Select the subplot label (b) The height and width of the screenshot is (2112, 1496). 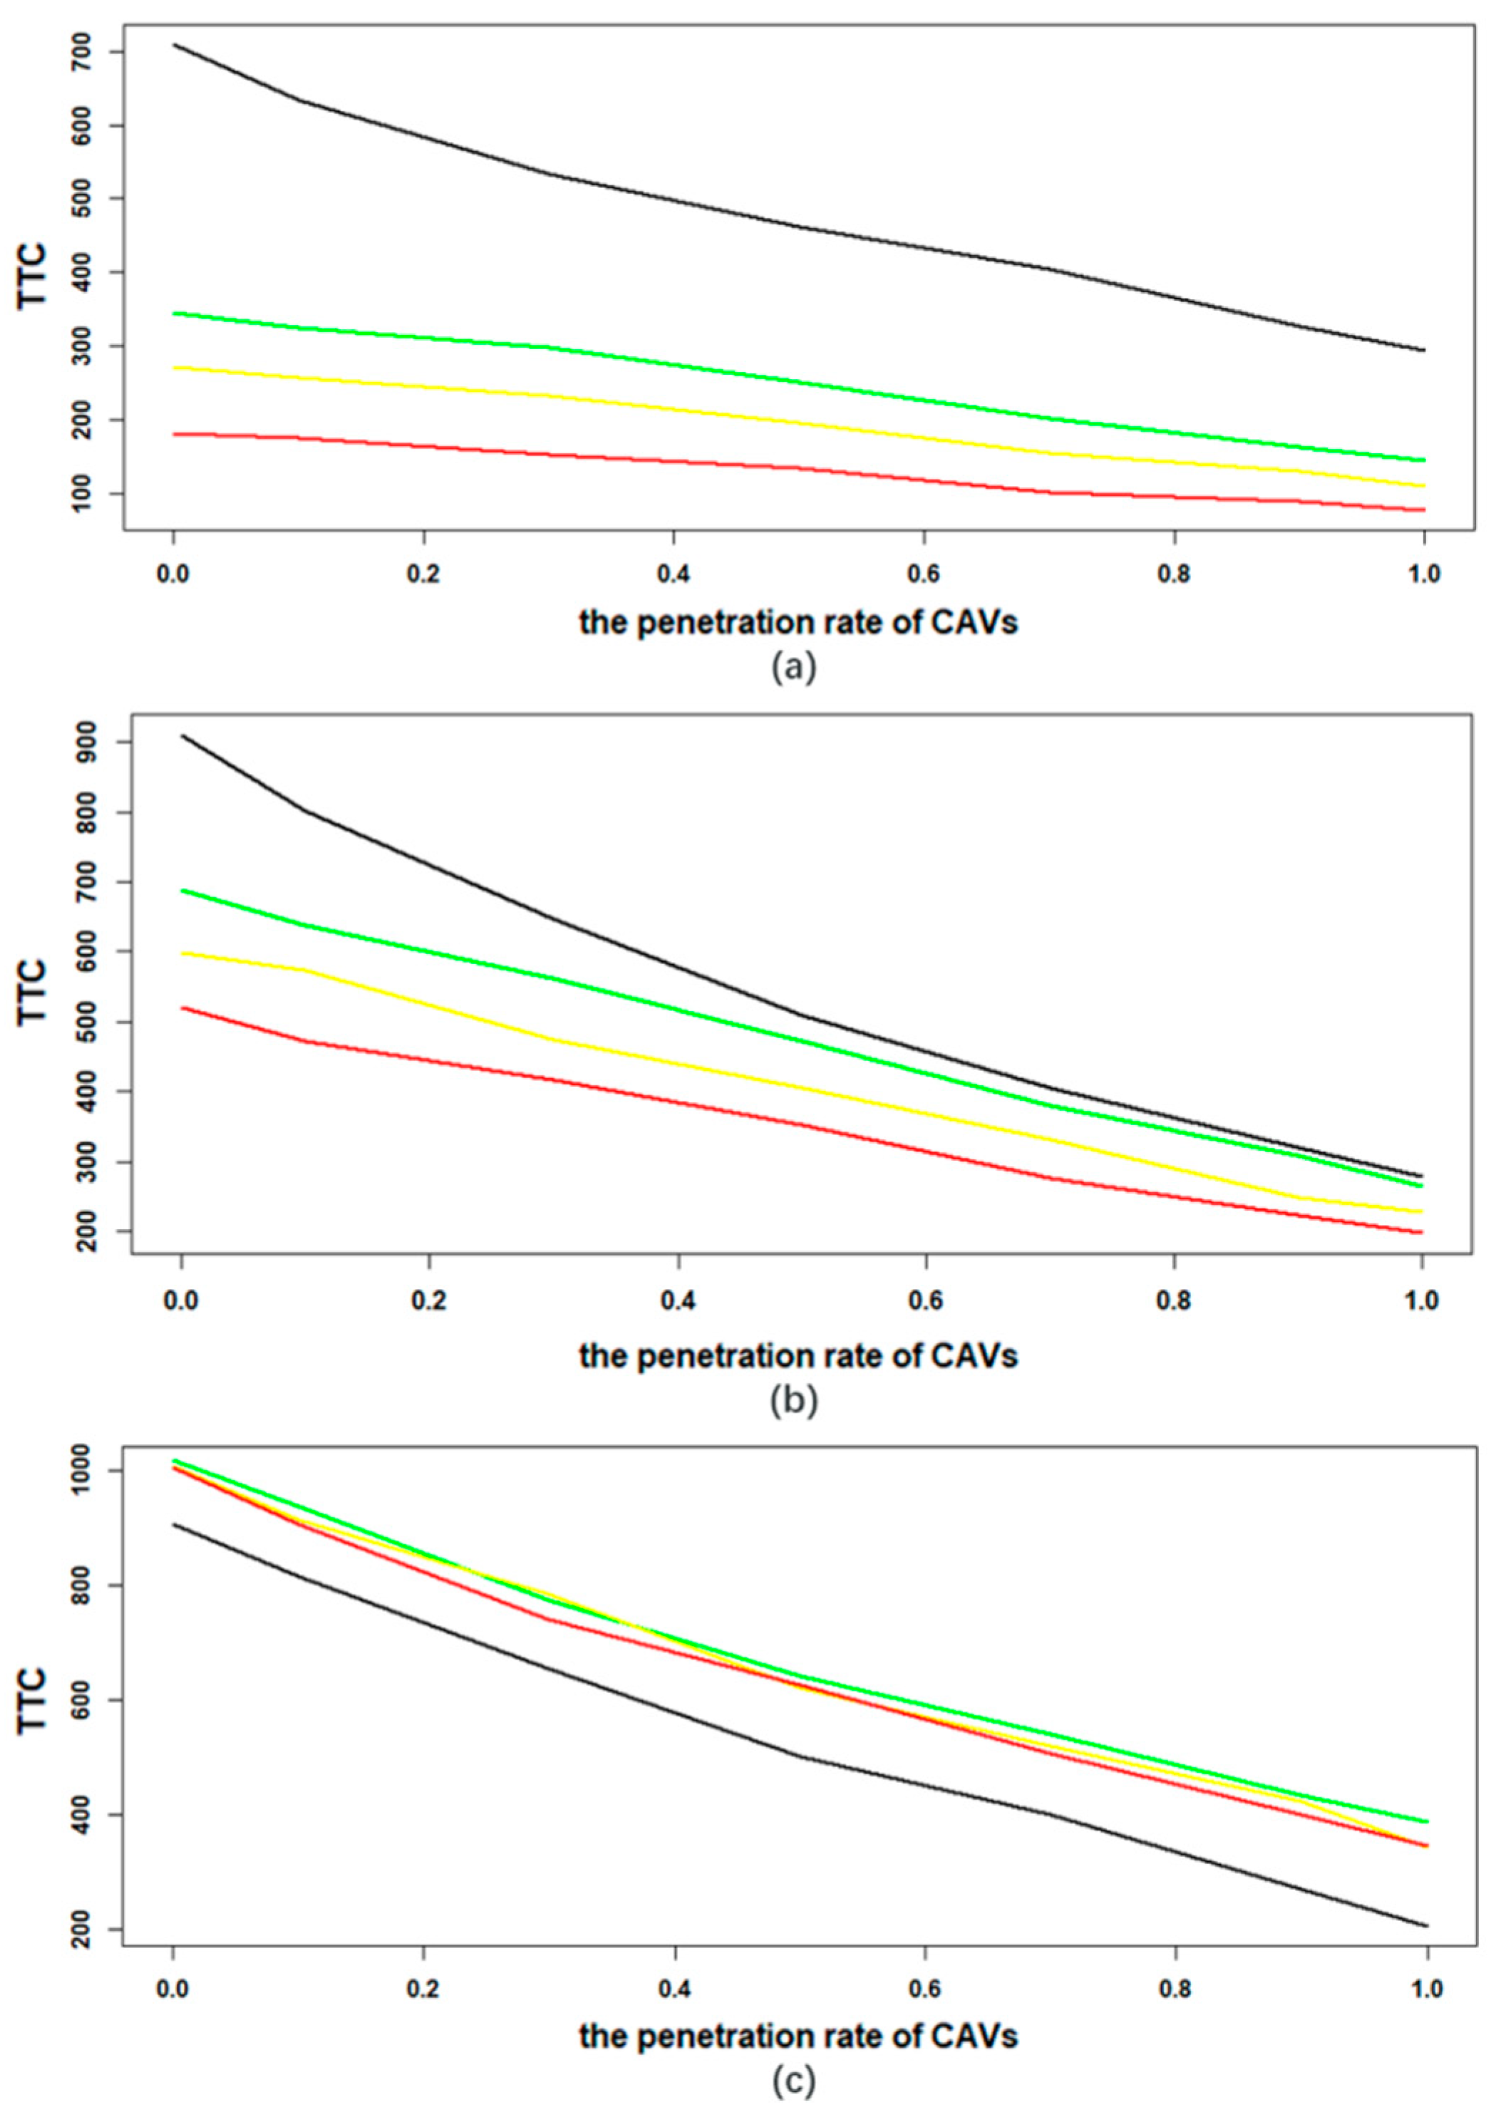[x=793, y=1399]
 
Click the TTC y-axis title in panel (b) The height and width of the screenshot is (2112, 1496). [x=33, y=990]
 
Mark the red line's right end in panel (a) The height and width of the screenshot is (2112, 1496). [x=1424, y=509]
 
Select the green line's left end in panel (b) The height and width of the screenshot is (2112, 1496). [x=182, y=890]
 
